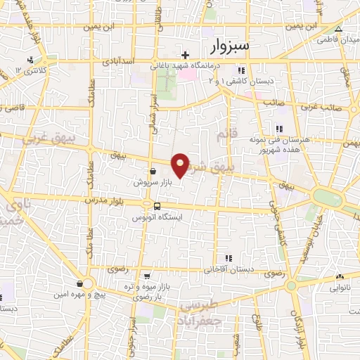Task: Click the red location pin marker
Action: pos(181,165)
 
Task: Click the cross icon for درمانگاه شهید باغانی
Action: pos(185,55)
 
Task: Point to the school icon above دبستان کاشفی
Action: pos(241,70)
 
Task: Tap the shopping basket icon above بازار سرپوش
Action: pos(153,171)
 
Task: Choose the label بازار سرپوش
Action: pos(153,182)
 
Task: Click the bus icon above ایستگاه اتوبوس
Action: pos(156,206)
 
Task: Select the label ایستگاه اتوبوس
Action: pos(156,218)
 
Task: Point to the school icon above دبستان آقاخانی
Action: pos(226,259)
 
